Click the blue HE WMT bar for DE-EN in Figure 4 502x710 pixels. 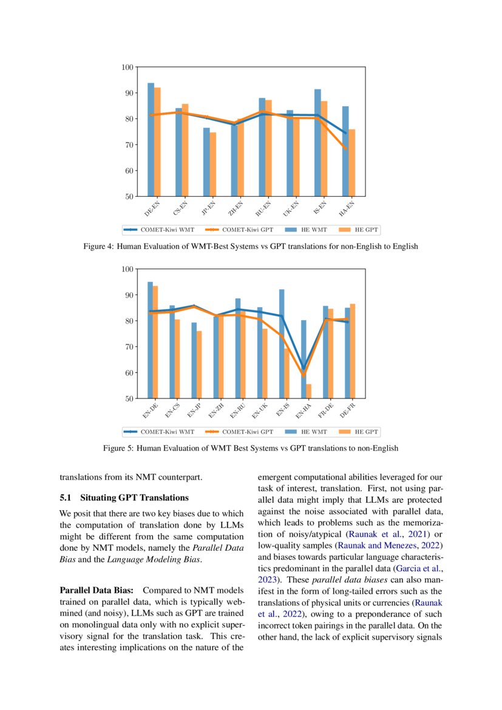[151, 140]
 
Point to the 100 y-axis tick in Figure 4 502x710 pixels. [127, 67]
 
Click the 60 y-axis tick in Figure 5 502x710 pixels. [128, 373]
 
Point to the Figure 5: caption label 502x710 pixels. [118, 448]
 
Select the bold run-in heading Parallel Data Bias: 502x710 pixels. [100, 590]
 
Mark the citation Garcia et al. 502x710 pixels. [419, 569]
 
